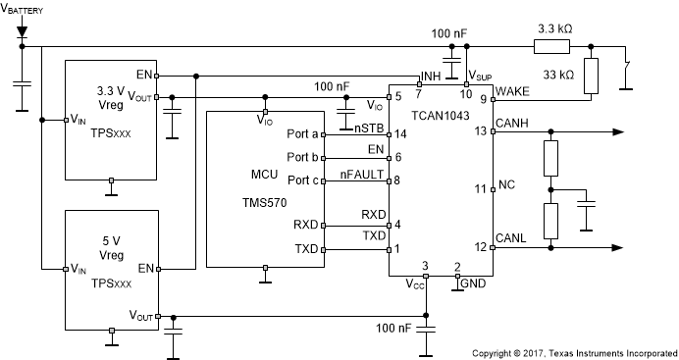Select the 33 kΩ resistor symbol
point(592,77)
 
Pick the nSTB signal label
point(368,128)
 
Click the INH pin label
point(430,76)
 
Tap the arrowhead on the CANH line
point(615,131)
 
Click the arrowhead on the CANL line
point(615,249)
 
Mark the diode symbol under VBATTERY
point(22,32)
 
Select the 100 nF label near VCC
point(392,328)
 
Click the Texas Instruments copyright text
point(573,351)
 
